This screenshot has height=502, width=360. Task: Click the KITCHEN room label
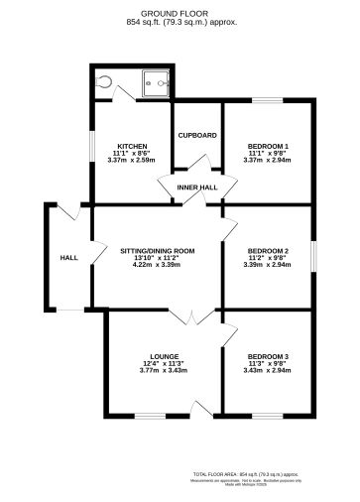[132, 145]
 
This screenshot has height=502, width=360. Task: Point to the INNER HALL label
[197, 187]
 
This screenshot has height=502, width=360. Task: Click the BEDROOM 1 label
[267, 145]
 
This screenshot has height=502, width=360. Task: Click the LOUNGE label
[164, 355]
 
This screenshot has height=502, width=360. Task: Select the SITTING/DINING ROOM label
[158, 250]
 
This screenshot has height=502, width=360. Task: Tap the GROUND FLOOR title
[179, 14]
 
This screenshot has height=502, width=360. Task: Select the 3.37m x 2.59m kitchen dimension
[132, 160]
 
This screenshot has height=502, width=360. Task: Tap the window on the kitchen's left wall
[91, 146]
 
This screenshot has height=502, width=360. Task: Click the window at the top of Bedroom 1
[267, 99]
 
